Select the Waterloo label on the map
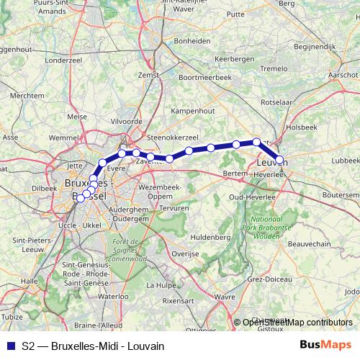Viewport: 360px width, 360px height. pyautogui.click(x=112, y=295)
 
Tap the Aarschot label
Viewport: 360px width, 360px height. pyautogui.click(x=343, y=75)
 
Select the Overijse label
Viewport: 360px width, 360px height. pyautogui.click(x=185, y=253)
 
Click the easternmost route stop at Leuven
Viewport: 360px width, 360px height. pyautogui.click(x=280, y=160)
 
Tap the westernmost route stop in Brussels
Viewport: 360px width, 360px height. pyautogui.click(x=80, y=199)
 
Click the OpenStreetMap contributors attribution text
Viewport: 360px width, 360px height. pyautogui.click(x=297, y=322)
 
